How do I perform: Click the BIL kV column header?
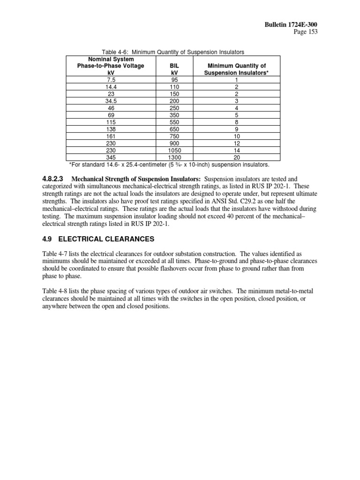(x=174, y=69)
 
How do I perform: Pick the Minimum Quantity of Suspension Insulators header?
(x=237, y=69)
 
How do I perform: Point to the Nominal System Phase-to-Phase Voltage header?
(x=111, y=66)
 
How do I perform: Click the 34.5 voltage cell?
(x=111, y=100)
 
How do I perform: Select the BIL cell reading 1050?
(x=174, y=151)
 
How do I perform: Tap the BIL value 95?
(x=174, y=80)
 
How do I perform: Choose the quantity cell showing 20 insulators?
(x=237, y=157)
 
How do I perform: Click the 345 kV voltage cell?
(x=111, y=157)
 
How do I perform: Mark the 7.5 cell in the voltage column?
(x=111, y=80)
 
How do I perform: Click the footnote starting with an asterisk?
(x=169, y=165)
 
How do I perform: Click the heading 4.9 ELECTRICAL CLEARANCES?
(x=98, y=239)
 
